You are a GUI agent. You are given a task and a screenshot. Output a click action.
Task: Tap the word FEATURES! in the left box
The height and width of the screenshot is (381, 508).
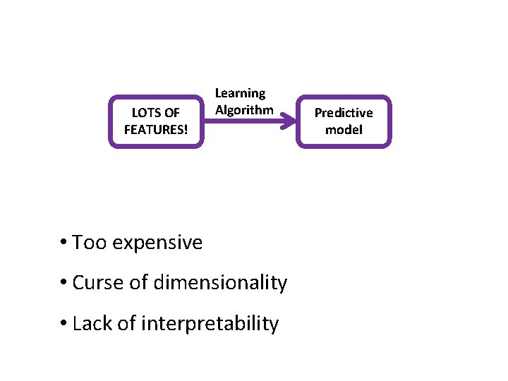click(x=156, y=130)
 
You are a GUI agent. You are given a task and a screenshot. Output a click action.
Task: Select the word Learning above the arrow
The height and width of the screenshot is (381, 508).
click(x=240, y=93)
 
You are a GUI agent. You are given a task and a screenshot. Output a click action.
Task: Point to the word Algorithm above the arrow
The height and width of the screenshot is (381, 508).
click(x=244, y=110)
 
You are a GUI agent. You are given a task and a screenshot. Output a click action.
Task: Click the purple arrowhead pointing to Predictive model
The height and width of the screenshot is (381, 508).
click(x=288, y=121)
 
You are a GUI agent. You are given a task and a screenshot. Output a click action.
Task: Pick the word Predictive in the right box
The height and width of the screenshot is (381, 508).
click(x=344, y=113)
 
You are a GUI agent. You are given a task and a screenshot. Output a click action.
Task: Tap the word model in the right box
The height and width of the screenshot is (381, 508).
click(x=344, y=130)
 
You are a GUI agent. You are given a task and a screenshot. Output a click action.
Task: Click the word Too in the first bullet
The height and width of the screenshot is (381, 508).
click(x=88, y=243)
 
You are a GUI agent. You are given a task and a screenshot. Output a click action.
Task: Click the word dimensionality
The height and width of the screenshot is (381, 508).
click(x=220, y=283)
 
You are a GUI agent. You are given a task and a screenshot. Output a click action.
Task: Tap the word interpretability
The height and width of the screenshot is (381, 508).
click(x=210, y=324)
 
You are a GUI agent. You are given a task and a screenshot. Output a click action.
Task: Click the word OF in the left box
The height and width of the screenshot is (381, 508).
click(x=171, y=113)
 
